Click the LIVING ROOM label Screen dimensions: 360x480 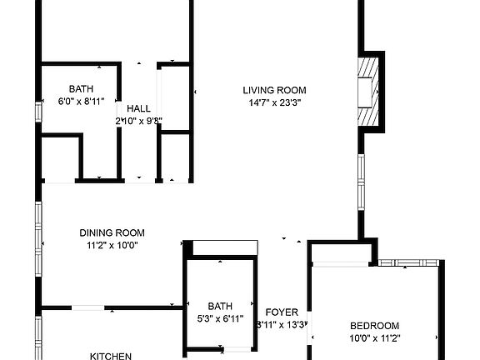(x=274, y=90)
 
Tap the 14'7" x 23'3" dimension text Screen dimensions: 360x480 (x=274, y=102)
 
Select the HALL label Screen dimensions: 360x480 (x=139, y=108)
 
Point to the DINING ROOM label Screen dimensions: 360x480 (x=112, y=232)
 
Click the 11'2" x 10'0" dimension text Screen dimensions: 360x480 (x=112, y=245)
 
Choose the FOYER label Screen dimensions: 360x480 (x=282, y=312)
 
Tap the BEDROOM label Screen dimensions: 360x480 (x=374, y=326)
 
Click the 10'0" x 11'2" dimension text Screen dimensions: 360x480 (x=374, y=338)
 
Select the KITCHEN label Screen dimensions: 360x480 (x=111, y=356)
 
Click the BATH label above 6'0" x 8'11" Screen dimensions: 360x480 (x=81, y=89)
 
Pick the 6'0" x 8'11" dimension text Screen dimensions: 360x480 (x=81, y=102)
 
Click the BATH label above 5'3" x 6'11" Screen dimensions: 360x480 (x=220, y=306)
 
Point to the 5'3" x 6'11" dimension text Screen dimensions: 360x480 (x=220, y=318)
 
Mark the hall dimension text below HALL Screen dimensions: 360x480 (x=139, y=121)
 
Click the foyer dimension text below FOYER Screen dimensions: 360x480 (x=282, y=325)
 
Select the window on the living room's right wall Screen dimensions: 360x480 (x=361, y=181)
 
